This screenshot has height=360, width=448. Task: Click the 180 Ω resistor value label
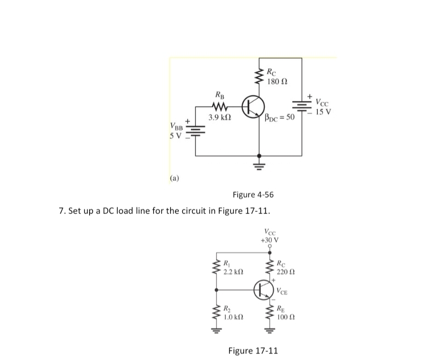click(278, 82)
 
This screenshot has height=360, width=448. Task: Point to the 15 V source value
click(323, 113)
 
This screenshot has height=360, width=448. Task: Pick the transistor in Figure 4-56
click(253, 107)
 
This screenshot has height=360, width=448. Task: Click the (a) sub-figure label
click(174, 178)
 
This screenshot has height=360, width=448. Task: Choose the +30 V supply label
click(270, 240)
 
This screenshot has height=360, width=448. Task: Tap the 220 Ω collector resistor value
click(286, 272)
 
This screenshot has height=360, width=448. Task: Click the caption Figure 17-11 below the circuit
click(253, 350)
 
